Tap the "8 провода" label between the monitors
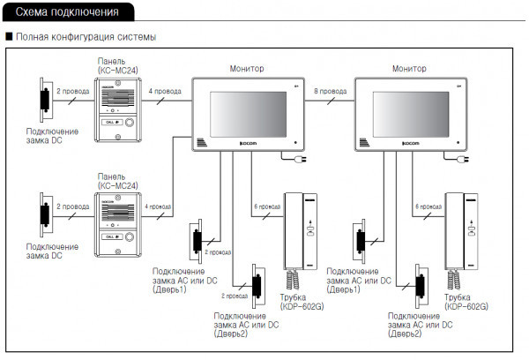[x=330, y=91]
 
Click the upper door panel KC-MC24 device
[x=117, y=106]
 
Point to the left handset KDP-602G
[x=297, y=231]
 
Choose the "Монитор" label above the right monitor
[x=409, y=68]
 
